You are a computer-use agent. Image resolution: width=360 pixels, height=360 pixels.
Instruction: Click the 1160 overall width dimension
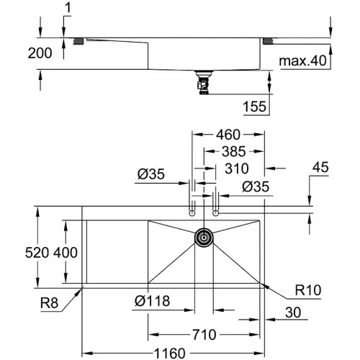coord(170,354)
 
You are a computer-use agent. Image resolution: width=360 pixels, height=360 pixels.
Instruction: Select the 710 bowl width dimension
coord(204,335)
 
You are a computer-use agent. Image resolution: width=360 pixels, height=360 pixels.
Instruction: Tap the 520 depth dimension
coord(37,253)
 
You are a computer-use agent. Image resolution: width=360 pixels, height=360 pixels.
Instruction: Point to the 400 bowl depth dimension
coord(66,253)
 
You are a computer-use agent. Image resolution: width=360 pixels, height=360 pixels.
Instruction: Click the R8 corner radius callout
coord(49,302)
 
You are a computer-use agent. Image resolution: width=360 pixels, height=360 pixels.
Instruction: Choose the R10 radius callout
coord(308,290)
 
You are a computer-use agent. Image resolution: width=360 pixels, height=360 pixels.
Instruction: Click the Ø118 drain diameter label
coord(153,301)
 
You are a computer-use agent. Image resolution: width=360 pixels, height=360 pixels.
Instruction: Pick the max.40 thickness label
coord(303,60)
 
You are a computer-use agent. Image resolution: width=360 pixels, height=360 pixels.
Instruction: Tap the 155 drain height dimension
coord(255,107)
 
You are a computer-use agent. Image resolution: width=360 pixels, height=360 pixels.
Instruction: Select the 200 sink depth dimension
coord(40,53)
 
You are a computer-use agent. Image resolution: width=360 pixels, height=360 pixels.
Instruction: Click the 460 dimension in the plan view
coord(228,135)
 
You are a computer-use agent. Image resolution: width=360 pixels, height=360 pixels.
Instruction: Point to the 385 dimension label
coord(234,151)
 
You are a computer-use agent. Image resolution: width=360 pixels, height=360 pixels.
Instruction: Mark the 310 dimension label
coord(237,168)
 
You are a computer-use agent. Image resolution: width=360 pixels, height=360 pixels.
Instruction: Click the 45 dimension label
coord(320,167)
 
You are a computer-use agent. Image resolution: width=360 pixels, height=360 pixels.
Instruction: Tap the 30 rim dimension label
coord(293,312)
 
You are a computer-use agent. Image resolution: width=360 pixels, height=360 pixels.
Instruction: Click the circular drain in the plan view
coord(204,238)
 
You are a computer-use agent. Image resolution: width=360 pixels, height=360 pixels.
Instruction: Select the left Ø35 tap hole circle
coord(192,213)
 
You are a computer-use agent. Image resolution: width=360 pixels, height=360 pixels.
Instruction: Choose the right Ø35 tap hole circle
coord(216,213)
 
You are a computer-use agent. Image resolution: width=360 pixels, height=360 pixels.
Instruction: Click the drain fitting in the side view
coord(203,82)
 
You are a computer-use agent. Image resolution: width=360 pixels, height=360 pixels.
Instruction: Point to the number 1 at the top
coord(68,8)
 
